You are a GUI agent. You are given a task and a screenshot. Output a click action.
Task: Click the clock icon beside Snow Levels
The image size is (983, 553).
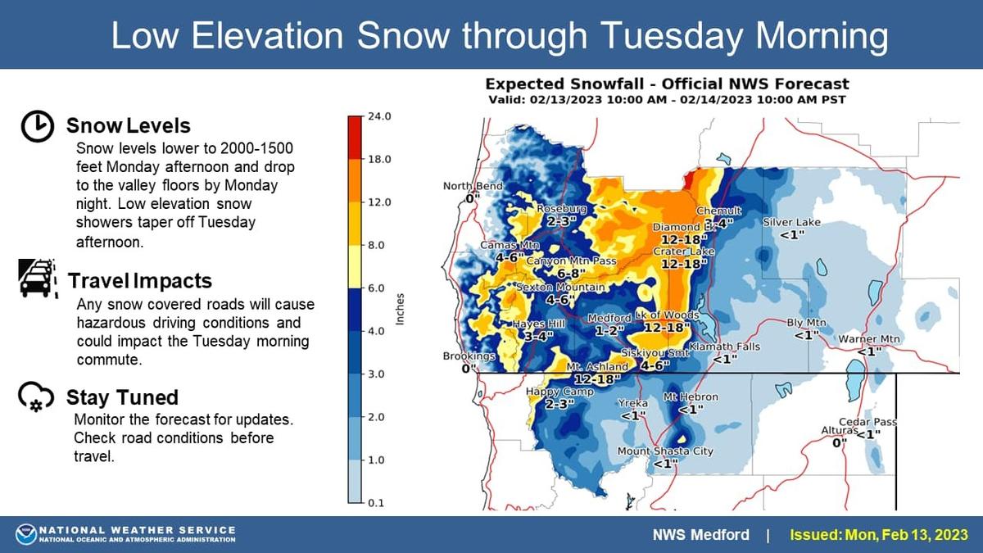click(x=38, y=126)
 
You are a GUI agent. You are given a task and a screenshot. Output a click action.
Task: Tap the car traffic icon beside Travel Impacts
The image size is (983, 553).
click(x=39, y=279)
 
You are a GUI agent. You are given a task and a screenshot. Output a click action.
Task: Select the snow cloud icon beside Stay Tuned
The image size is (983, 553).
click(x=36, y=397)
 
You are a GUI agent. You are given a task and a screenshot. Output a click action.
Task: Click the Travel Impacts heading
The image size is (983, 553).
click(x=140, y=281)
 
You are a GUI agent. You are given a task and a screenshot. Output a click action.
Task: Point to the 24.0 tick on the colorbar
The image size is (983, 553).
click(x=379, y=116)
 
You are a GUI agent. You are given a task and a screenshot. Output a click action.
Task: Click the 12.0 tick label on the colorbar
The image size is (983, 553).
click(x=379, y=203)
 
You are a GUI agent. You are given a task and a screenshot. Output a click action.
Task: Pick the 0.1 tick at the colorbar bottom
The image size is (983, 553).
click(x=376, y=503)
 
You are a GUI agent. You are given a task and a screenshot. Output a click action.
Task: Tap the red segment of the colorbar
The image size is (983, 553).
click(x=355, y=138)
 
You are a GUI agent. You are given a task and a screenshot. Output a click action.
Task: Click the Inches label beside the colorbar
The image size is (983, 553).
click(x=400, y=310)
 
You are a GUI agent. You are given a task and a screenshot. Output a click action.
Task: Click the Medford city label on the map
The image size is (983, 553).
click(x=609, y=318)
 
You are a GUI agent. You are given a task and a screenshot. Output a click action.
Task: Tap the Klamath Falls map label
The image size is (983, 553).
click(x=724, y=347)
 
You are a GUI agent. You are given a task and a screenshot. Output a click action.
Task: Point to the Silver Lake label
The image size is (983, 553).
click(x=791, y=223)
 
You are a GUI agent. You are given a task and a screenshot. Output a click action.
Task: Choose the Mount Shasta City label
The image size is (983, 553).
click(x=665, y=451)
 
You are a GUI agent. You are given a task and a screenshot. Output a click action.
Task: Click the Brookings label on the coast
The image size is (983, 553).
click(x=469, y=356)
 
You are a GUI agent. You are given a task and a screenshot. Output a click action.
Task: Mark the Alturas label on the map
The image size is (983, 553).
click(x=840, y=431)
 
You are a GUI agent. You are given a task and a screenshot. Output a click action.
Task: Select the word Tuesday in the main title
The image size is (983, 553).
click(x=671, y=35)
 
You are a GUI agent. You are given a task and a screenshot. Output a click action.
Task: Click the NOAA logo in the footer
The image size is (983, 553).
click(x=26, y=534)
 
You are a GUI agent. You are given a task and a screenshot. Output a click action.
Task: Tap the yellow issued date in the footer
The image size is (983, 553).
click(x=878, y=535)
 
